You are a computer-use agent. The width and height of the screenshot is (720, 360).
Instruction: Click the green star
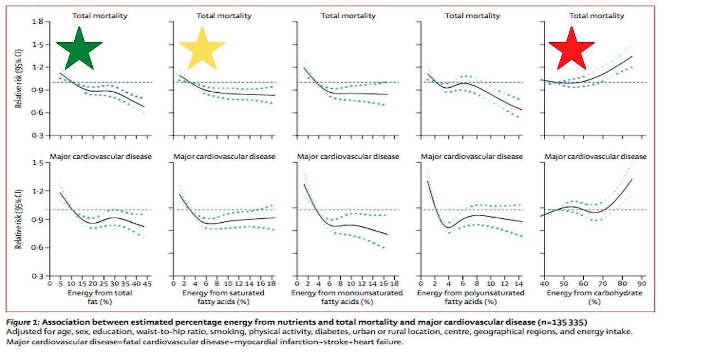[x=79, y=48]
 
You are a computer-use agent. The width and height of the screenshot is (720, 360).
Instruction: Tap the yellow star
[x=202, y=48]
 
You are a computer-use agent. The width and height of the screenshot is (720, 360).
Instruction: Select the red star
[x=571, y=48]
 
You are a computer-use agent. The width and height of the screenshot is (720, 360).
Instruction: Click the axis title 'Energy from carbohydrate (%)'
[x=591, y=297]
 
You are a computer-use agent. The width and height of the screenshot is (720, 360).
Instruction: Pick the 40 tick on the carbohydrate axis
[x=545, y=285]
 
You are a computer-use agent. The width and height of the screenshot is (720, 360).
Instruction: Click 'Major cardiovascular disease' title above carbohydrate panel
[x=596, y=156]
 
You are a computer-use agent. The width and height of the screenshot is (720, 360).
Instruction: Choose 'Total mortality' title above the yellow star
[x=224, y=16]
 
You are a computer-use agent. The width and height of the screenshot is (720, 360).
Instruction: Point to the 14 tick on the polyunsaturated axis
[x=517, y=285]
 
